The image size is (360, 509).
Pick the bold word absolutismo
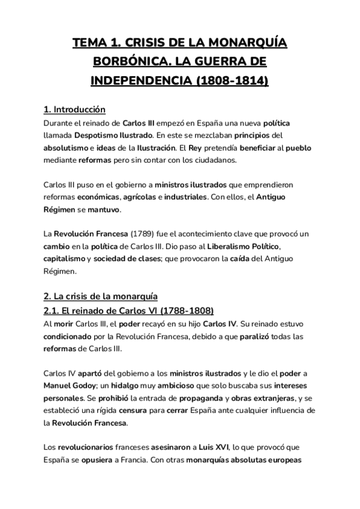(65, 148)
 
